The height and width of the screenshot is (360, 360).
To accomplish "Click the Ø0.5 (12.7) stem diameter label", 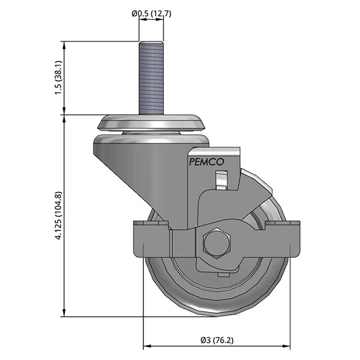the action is click(151, 14).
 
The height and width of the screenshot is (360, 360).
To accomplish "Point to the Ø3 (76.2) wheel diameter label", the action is click(217, 340).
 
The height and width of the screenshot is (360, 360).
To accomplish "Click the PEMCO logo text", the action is click(206, 162).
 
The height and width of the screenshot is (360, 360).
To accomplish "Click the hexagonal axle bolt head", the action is click(216, 244).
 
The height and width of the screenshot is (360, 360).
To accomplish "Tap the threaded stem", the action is click(151, 78).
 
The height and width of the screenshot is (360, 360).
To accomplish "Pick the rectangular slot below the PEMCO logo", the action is click(221, 179).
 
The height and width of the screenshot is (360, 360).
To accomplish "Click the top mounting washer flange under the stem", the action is click(151, 122).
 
